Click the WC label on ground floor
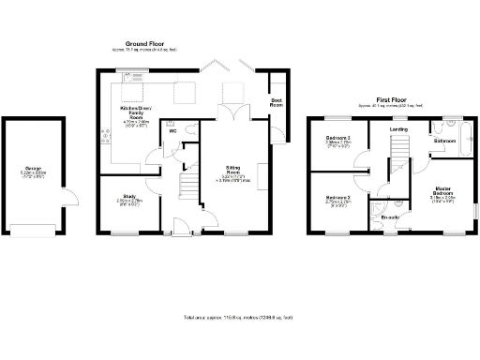pos(172,130)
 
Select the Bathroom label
pos(444,141)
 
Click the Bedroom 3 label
pos(337,140)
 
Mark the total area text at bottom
pos(237,319)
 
